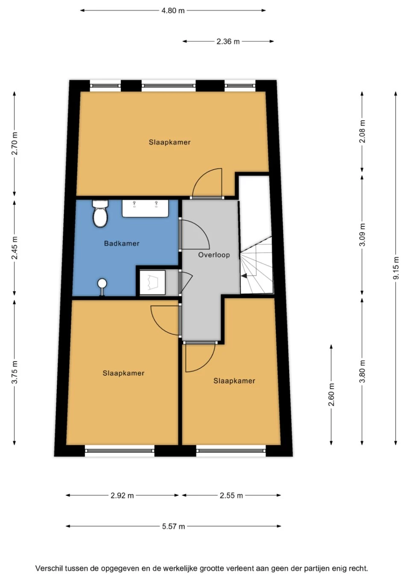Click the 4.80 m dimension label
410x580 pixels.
(x=173, y=11)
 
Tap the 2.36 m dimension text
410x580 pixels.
(x=228, y=41)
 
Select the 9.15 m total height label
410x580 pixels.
(x=396, y=268)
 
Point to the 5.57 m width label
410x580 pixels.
(x=173, y=526)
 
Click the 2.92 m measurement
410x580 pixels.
(x=122, y=495)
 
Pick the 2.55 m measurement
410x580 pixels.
(x=231, y=495)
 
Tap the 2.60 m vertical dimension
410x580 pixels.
(x=331, y=395)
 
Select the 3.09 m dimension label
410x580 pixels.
(x=362, y=235)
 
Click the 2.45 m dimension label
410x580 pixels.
(x=15, y=248)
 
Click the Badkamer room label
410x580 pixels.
(x=122, y=243)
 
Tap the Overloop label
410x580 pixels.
(x=214, y=255)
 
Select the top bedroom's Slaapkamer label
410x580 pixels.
(x=170, y=142)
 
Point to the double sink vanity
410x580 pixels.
(x=146, y=208)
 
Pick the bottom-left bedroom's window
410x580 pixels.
(x=120, y=450)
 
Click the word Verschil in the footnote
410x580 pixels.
(x=49, y=568)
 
